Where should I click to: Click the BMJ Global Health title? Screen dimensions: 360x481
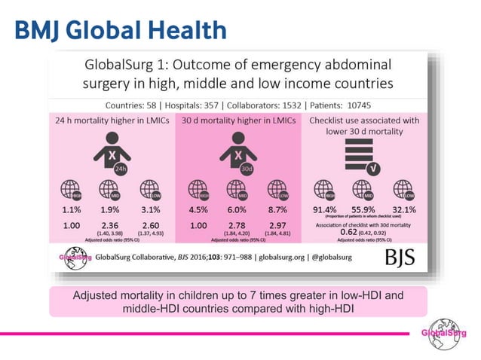tap(121, 29)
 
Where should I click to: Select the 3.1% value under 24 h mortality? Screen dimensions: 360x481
tap(150, 210)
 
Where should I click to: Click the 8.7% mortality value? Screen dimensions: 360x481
tap(278, 210)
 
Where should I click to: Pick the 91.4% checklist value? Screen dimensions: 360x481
tap(324, 210)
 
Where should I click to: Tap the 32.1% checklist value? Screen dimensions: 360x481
tap(405, 210)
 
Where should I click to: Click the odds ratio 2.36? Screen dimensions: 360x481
tap(110, 226)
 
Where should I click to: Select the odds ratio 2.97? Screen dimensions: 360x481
tap(278, 226)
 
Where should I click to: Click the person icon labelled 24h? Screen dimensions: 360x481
tap(109, 153)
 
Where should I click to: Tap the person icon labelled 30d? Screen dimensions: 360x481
tap(237, 153)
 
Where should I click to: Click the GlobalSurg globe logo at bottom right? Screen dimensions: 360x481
tap(443, 333)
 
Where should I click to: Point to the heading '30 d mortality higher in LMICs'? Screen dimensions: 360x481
tap(237, 120)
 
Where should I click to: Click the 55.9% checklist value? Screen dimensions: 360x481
tap(364, 210)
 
